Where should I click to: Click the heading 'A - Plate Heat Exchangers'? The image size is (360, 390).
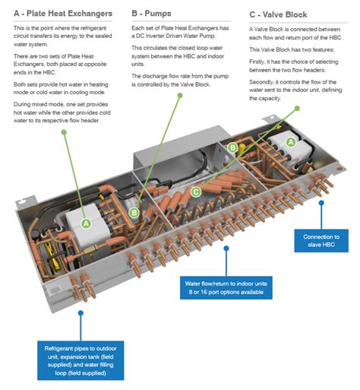click(x=63, y=14)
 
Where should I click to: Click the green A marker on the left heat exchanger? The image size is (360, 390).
click(x=86, y=224)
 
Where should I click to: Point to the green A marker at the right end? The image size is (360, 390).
click(x=291, y=142)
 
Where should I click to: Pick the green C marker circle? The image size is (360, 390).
click(x=196, y=192)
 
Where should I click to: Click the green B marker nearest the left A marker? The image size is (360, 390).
click(x=134, y=214)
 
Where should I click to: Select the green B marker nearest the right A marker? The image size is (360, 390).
click(x=234, y=150)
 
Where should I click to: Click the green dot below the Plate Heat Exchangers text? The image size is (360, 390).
click(x=65, y=131)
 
